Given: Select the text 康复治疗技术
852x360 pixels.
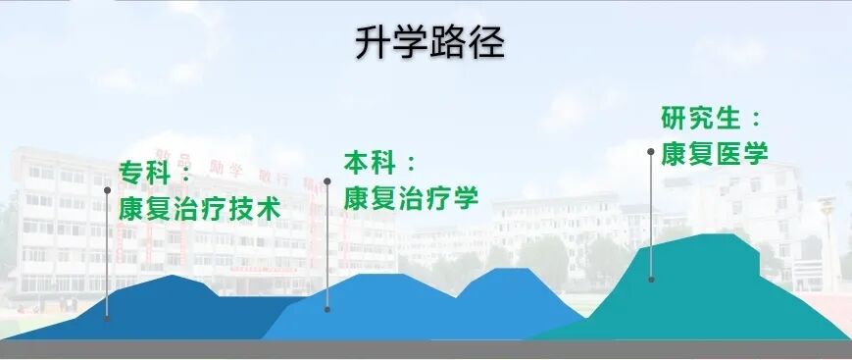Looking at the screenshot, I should coord(200,208).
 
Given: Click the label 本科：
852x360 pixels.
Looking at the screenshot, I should coord(381,162).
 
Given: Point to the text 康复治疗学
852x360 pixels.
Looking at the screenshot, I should coord(411,197).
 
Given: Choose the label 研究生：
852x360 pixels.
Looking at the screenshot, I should coord(712,118).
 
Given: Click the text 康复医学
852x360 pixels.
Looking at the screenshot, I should coord(714,153).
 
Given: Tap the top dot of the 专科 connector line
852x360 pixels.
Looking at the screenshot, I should coord(107,190).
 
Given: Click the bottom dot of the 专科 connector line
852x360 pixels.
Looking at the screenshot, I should coord(107,316).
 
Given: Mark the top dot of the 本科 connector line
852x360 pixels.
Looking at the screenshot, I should coord(327,180).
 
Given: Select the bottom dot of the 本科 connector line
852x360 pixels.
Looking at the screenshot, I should coord(327,308).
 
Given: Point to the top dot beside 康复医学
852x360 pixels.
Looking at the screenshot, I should coord(651,151).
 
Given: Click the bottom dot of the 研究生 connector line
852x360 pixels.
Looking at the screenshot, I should coord(651,279).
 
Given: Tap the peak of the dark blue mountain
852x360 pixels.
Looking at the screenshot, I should coord(175,278).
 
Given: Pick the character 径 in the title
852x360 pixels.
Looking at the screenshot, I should coord(486,44).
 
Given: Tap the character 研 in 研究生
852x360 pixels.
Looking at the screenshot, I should coord(676,118).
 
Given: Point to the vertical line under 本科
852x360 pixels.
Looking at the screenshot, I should coord(327,245).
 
